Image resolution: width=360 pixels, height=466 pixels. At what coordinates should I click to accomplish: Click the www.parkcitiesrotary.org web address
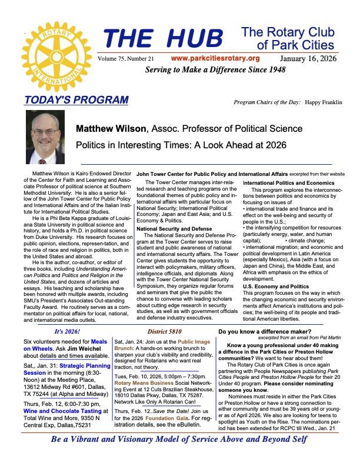click(215, 58)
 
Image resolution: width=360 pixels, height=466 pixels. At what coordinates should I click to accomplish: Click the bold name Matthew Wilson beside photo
click(112, 128)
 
